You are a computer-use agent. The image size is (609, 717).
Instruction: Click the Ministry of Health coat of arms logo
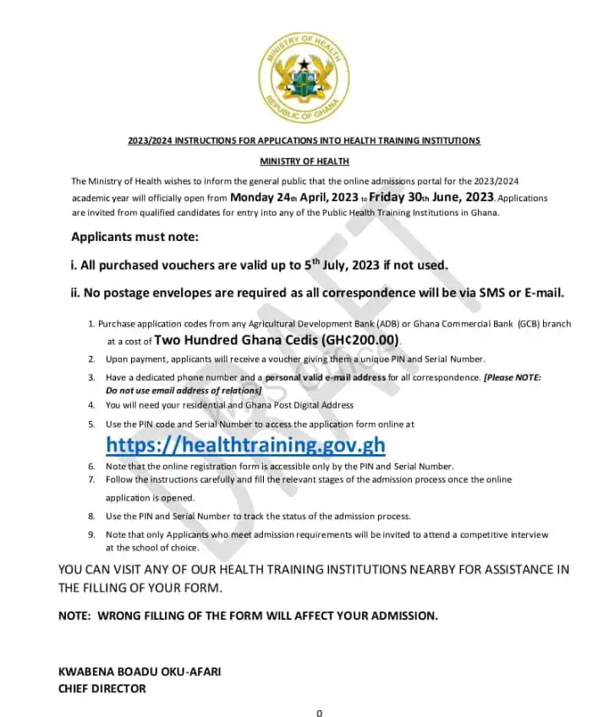304,78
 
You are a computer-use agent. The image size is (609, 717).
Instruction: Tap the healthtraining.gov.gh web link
245,445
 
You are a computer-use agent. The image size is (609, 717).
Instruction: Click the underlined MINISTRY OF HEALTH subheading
304,161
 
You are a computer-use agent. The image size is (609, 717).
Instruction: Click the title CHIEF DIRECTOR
101,688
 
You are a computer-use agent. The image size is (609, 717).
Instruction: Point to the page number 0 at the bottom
319,713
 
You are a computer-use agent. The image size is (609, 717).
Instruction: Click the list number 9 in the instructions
91,534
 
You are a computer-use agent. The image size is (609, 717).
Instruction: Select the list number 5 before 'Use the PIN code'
91,424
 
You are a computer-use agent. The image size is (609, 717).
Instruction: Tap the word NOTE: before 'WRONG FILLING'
74,616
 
